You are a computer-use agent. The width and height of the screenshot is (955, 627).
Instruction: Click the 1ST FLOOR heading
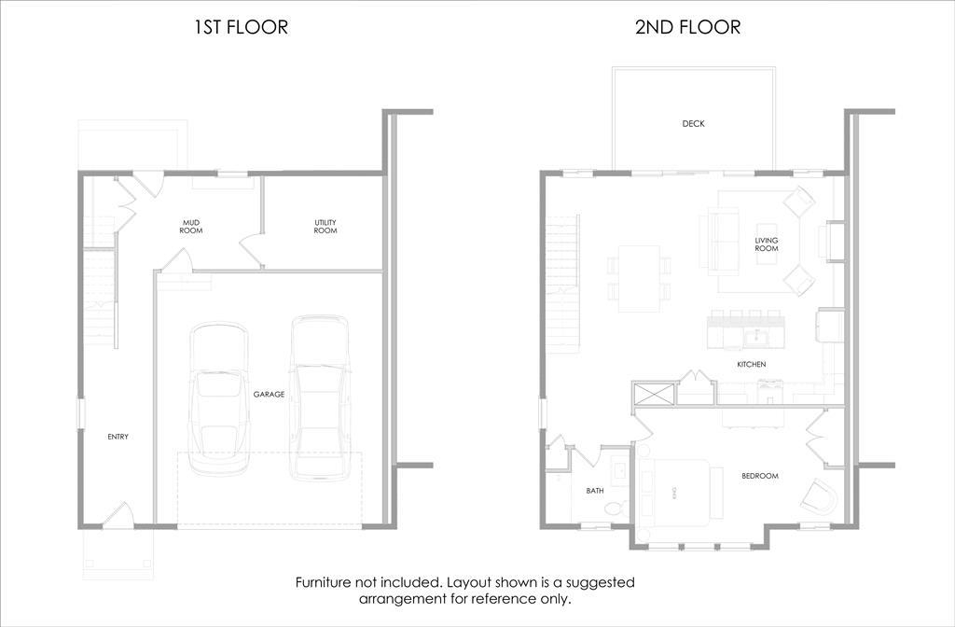(241, 27)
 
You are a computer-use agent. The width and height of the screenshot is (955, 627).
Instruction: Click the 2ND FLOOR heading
(687, 27)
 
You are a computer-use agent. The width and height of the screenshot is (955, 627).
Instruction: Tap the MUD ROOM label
(191, 226)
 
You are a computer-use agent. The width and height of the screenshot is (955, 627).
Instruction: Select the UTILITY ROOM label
(325, 226)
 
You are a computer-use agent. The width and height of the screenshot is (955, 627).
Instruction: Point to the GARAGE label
(269, 395)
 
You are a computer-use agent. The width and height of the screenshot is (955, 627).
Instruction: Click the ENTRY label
(118, 437)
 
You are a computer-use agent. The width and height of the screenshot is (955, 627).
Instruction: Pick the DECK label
(693, 123)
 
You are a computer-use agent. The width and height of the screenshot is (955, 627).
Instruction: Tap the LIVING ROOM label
(766, 244)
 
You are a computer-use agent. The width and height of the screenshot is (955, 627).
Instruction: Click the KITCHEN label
(751, 365)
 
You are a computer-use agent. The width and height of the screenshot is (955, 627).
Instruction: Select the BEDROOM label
(759, 476)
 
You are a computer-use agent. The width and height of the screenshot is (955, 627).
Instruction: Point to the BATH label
(595, 490)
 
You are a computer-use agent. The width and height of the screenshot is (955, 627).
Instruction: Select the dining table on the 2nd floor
(639, 278)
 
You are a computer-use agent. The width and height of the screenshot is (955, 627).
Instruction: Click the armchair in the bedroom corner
(822, 497)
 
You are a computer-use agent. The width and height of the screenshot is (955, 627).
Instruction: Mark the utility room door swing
(252, 251)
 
